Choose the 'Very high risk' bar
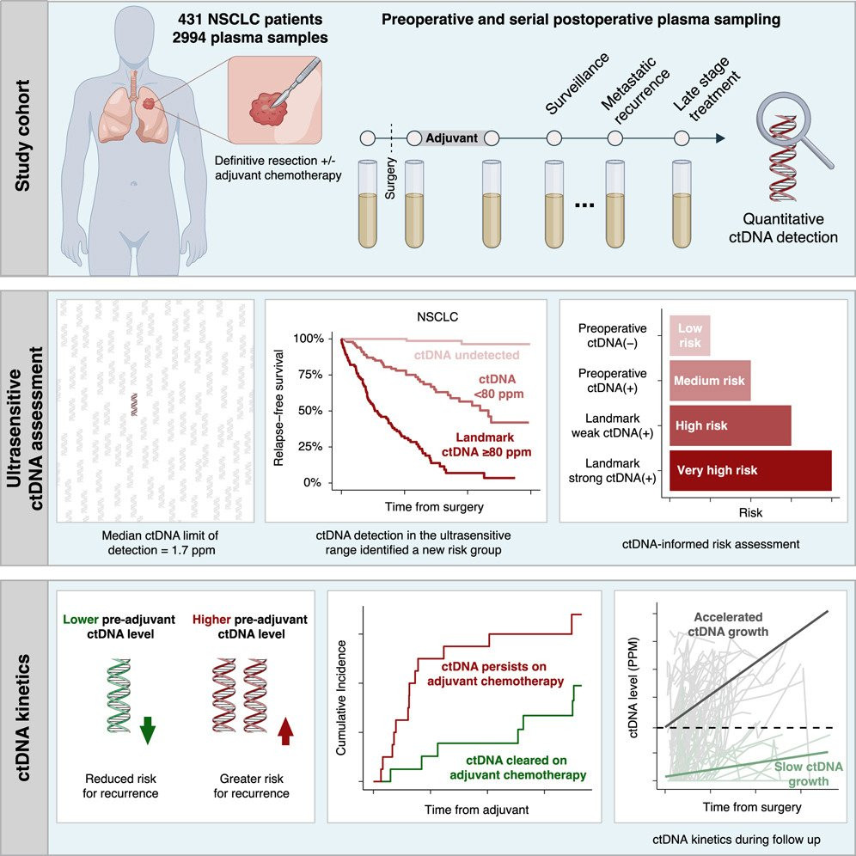point(750,470)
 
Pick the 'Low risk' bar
point(690,334)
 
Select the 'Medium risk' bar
point(710,380)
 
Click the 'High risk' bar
point(730,425)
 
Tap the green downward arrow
point(149,731)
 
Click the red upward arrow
point(286,732)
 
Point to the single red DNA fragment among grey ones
point(134,405)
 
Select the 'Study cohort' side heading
point(24,138)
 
